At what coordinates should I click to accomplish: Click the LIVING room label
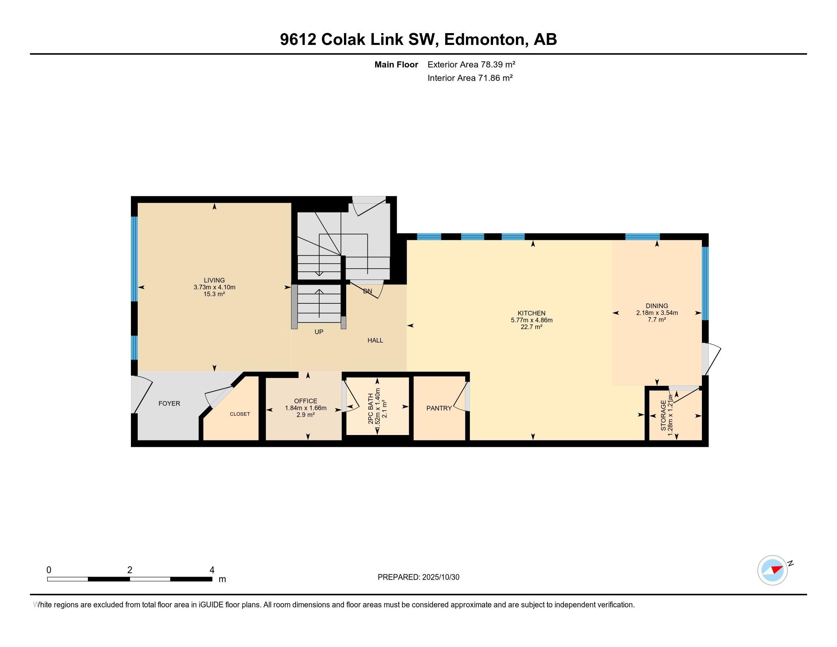(x=214, y=280)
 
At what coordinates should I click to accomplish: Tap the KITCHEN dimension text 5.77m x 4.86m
(x=531, y=320)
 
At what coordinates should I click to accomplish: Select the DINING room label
(x=657, y=306)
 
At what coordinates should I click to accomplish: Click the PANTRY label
(x=439, y=408)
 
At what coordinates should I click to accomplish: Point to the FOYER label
(x=169, y=403)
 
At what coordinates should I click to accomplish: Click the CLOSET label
(x=240, y=414)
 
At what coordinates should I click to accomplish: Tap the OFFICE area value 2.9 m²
(x=306, y=415)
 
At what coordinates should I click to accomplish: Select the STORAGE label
(x=664, y=416)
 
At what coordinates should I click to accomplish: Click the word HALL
(x=375, y=340)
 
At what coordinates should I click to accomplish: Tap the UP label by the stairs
(x=319, y=332)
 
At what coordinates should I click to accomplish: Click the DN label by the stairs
(x=368, y=291)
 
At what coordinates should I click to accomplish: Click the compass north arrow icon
(x=773, y=570)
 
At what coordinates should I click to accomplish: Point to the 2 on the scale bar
(x=130, y=570)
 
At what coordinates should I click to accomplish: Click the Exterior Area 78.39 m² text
(x=471, y=64)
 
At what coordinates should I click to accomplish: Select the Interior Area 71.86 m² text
(x=470, y=78)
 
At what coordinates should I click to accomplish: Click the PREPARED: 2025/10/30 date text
(x=418, y=577)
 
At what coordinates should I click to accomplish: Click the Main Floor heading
(x=396, y=64)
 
